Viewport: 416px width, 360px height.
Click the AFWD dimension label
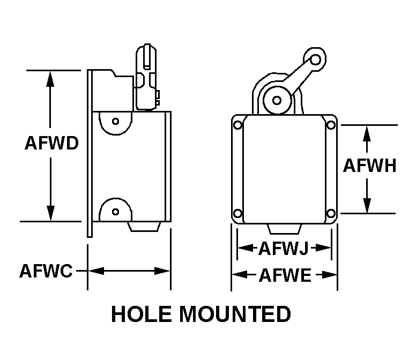[x=51, y=144]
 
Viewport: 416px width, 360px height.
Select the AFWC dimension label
[x=46, y=271]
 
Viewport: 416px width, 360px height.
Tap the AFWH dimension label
[x=369, y=166]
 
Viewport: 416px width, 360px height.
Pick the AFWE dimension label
[x=285, y=276]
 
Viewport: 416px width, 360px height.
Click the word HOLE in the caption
[x=142, y=314]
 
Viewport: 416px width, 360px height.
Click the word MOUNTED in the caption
[x=235, y=314]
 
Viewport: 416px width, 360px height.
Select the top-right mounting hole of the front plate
[x=331, y=125]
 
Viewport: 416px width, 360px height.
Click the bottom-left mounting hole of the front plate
[x=237, y=214]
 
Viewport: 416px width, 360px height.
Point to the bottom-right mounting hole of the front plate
[x=331, y=214]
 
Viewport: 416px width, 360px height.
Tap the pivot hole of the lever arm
[x=277, y=100]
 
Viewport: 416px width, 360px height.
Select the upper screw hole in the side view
[x=115, y=121]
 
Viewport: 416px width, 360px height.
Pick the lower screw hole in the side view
[x=115, y=211]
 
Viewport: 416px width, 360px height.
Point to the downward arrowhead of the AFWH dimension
[x=367, y=205]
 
